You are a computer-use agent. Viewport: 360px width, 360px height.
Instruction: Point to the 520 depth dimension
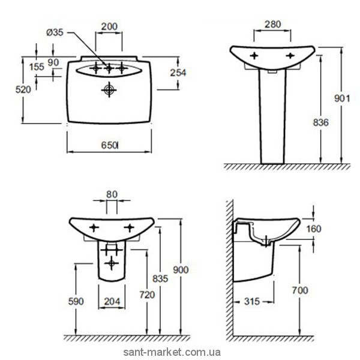(x=22, y=89)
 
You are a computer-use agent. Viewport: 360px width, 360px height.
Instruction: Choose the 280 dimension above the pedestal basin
(x=272, y=25)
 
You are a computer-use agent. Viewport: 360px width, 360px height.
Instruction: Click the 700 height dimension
(x=300, y=290)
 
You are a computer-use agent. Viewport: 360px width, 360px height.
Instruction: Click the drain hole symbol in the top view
(x=109, y=90)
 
